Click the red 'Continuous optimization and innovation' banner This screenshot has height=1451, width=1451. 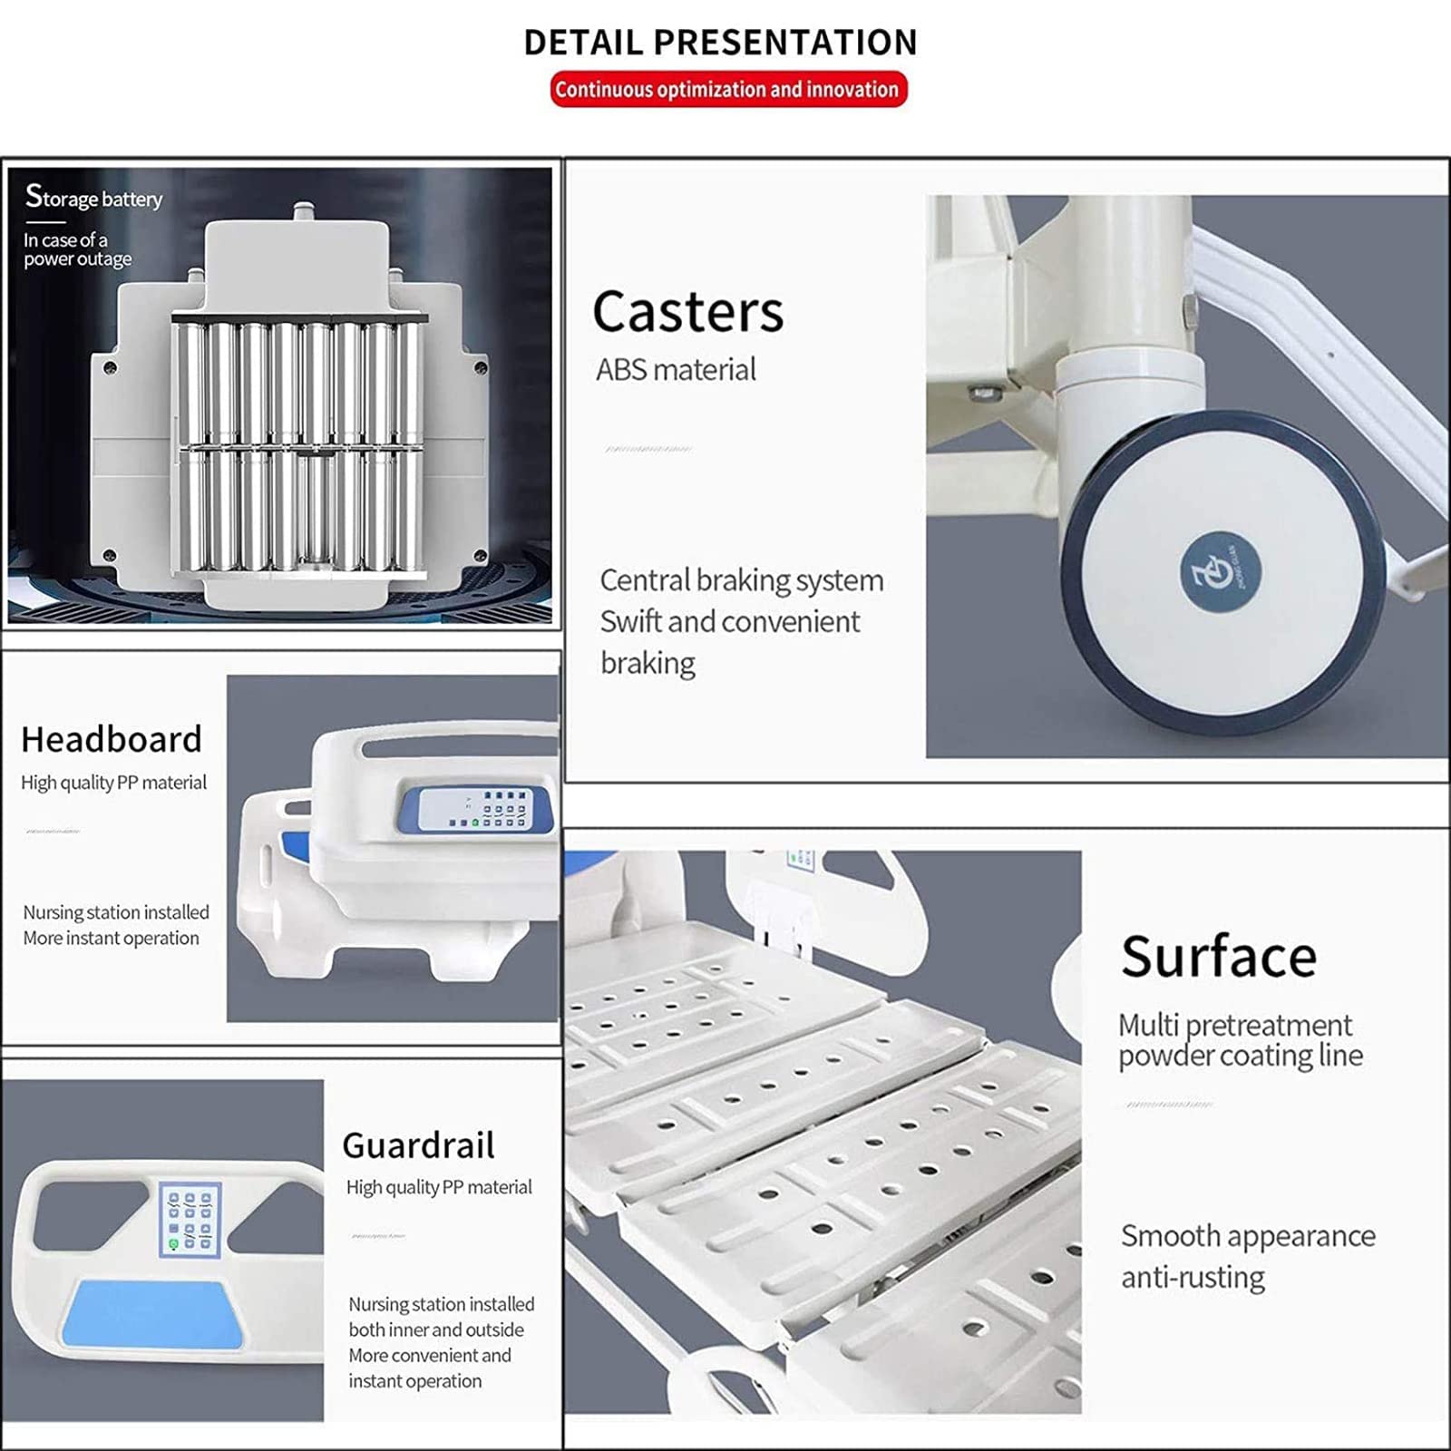[727, 89]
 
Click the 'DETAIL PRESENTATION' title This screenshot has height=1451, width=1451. [721, 43]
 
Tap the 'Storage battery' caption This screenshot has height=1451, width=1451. [94, 197]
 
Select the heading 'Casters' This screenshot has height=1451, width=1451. [687, 311]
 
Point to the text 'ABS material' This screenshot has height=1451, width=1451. [676, 370]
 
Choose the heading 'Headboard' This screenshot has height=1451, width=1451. [112, 739]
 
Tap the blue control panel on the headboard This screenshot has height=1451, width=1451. [475, 808]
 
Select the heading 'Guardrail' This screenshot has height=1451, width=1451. [418, 1145]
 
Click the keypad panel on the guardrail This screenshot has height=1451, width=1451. [190, 1219]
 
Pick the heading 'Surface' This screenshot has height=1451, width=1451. [1218, 956]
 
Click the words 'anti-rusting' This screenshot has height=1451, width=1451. [1193, 1277]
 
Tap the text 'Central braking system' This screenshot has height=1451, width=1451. [741, 580]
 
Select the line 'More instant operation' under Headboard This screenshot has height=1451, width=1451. [111, 938]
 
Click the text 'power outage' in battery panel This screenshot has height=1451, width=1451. [78, 259]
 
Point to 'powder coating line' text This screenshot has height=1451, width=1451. [1240, 1056]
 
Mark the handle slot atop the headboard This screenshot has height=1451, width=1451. [453, 747]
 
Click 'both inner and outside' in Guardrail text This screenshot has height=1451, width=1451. [436, 1329]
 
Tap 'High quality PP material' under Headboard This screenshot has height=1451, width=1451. [113, 782]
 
